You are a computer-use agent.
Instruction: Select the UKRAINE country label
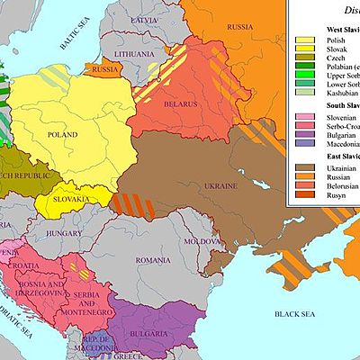point(222,185)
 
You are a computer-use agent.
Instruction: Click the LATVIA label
point(143,20)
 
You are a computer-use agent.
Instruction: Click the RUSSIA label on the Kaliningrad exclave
point(105,68)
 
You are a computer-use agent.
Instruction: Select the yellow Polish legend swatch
point(304,41)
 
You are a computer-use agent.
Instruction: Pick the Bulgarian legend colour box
point(304,142)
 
